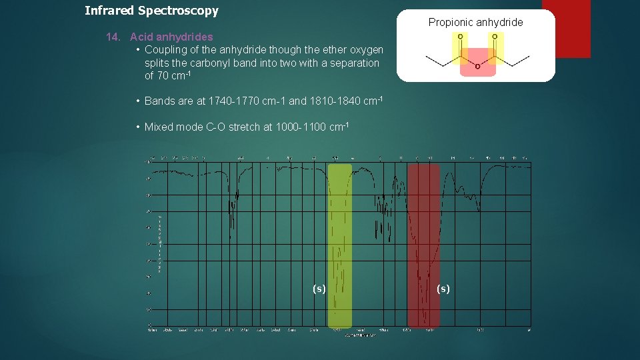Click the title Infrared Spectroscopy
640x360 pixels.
coord(151,11)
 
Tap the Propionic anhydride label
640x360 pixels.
coord(475,22)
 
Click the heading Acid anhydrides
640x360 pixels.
coord(171,37)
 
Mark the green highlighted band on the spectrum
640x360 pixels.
coord(340,247)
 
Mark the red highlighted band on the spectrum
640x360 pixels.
coord(423,247)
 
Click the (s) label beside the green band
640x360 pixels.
coord(319,288)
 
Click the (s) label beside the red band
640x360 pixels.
coord(443,288)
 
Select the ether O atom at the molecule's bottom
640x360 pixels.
coord(477,67)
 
